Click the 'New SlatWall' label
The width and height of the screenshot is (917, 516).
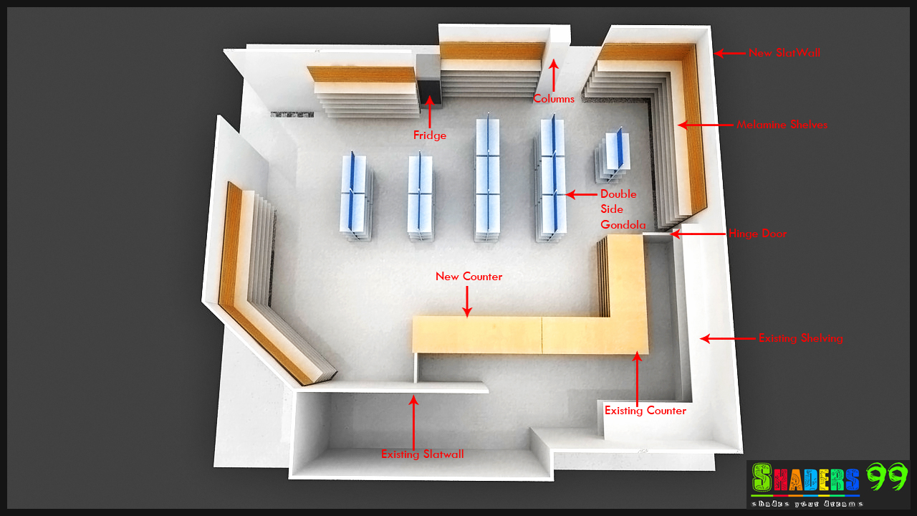[784, 53]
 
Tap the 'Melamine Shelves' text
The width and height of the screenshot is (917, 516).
[782, 125]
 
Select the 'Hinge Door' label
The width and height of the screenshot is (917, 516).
[757, 234]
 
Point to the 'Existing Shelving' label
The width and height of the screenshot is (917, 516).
[800, 338]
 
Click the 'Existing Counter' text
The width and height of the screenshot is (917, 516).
[645, 411]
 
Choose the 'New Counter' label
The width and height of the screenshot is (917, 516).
[469, 277]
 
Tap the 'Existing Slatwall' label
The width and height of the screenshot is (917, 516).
[422, 454]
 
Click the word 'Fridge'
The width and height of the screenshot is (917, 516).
[430, 135]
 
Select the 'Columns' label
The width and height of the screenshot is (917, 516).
[553, 99]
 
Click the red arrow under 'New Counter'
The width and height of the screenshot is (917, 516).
[467, 301]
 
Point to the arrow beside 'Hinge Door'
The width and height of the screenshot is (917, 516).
[696, 234]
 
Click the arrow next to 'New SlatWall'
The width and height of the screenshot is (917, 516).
[729, 53]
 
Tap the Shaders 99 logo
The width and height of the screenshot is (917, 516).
[827, 484]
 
